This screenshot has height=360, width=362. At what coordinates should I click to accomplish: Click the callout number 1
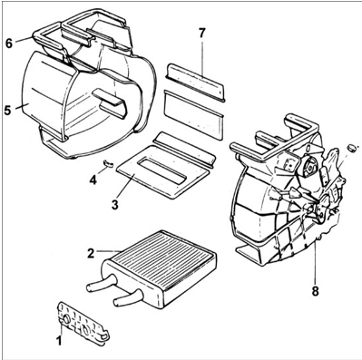click(x=59, y=340)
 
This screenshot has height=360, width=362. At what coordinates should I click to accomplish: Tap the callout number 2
click(x=91, y=253)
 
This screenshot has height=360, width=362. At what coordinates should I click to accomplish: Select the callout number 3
click(x=114, y=205)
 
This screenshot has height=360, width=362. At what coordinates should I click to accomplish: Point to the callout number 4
click(x=93, y=180)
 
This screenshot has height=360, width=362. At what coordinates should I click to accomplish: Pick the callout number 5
click(x=8, y=110)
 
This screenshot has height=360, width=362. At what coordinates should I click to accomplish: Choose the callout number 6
click(x=9, y=44)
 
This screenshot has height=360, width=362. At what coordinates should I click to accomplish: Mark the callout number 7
click(x=202, y=34)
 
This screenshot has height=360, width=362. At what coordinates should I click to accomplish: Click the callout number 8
click(x=315, y=291)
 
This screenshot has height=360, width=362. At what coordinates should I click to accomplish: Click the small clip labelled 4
click(x=108, y=163)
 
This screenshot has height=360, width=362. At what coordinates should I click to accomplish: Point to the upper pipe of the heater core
click(x=101, y=284)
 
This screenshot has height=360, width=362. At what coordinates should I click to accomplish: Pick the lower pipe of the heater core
click(x=127, y=298)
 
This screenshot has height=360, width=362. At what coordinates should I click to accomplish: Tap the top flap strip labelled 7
click(x=195, y=83)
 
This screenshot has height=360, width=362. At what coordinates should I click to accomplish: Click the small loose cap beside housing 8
click(x=352, y=148)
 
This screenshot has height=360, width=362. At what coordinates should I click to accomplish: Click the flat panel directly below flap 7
click(x=193, y=112)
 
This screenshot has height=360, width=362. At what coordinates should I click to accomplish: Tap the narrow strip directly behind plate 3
click(x=185, y=150)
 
